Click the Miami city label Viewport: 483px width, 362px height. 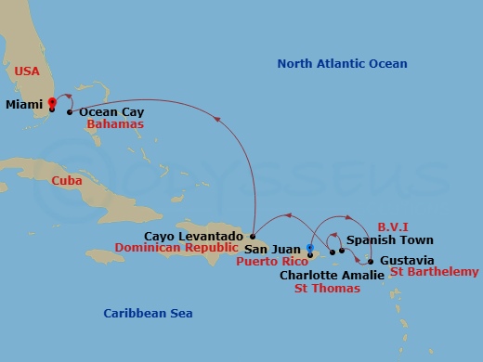(x=23, y=106)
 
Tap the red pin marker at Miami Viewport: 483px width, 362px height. (x=52, y=102)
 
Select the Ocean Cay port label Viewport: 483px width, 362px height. (x=111, y=111)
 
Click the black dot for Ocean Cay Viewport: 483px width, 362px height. (x=70, y=112)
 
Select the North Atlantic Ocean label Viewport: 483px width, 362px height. (x=342, y=63)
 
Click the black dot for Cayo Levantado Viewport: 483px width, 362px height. (x=252, y=238)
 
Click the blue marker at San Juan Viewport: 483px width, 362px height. (x=310, y=247)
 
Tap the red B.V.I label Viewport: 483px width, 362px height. (x=394, y=226)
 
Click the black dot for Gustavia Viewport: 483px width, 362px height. (x=371, y=260)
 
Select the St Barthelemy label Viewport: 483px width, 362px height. (x=435, y=271)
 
